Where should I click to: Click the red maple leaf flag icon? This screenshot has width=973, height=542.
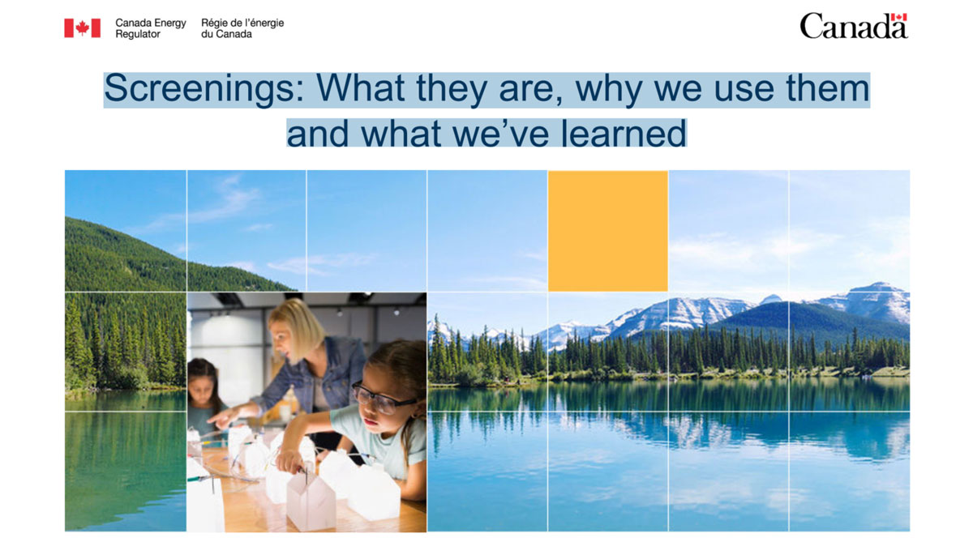[82, 28]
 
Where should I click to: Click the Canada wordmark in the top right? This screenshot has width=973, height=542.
[853, 27]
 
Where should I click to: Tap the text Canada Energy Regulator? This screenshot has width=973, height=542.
[150, 28]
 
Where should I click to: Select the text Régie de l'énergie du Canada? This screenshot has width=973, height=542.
[242, 28]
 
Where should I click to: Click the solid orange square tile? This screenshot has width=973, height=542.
[607, 231]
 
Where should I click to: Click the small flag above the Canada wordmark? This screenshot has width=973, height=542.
[898, 18]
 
